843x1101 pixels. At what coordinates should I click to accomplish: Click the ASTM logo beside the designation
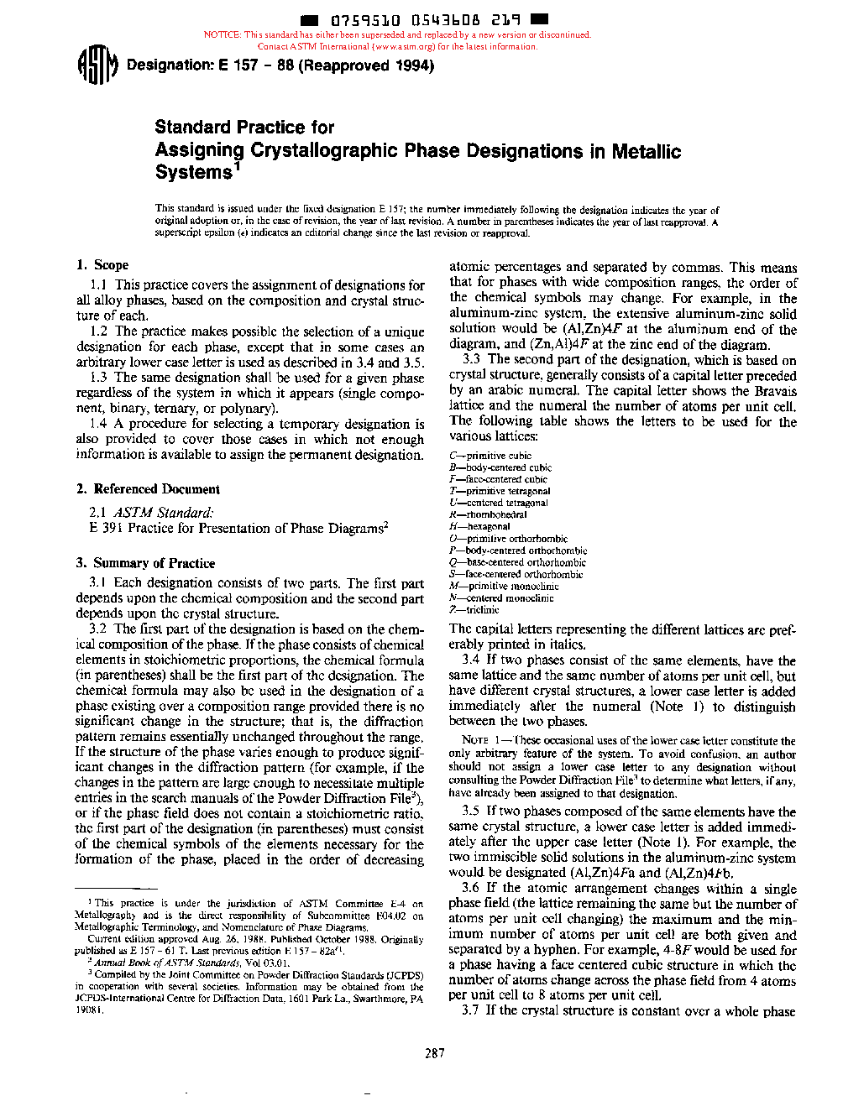coord(97,65)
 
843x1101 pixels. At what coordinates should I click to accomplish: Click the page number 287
coord(434,1053)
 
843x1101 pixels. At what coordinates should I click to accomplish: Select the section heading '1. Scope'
coord(102,265)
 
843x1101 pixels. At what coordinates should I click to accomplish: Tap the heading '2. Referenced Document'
coord(148,489)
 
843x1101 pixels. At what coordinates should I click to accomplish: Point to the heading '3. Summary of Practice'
coord(145,563)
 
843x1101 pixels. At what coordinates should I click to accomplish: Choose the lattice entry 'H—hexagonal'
coord(479,527)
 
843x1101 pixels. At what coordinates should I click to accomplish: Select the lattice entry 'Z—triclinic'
coord(474,610)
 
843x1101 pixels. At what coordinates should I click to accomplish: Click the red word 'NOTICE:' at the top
coord(223,35)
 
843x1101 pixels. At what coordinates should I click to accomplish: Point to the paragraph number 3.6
coord(470,888)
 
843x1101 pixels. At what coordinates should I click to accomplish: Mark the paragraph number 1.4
coord(99,424)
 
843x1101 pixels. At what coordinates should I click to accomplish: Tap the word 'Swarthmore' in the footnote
coord(375,999)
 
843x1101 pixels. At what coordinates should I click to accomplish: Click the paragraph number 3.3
coord(471,360)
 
